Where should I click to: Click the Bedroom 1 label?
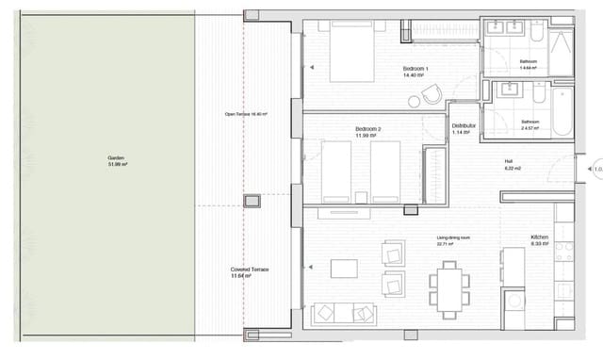(x=416, y=70)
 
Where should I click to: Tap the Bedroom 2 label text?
(x=367, y=131)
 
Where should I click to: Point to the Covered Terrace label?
(x=250, y=272)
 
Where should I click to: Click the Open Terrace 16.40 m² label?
(x=245, y=114)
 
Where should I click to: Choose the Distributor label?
(x=463, y=128)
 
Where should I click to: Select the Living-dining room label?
(x=453, y=240)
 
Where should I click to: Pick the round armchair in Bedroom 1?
(x=432, y=94)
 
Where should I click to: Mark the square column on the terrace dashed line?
(x=251, y=201)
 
